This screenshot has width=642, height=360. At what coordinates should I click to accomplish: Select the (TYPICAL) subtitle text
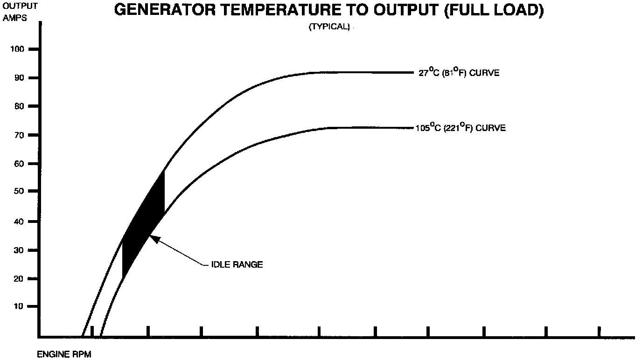click(329, 27)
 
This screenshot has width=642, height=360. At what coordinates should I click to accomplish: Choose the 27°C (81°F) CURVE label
click(459, 73)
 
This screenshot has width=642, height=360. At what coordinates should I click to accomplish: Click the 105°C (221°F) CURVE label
click(461, 128)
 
